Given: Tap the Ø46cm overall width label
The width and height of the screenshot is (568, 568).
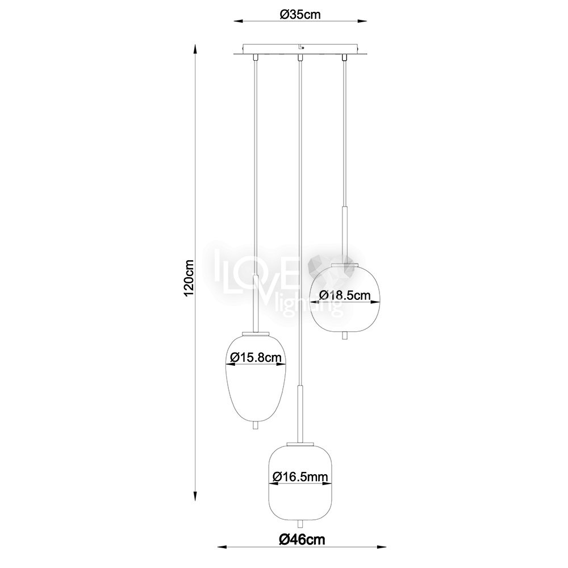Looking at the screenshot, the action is (x=302, y=540).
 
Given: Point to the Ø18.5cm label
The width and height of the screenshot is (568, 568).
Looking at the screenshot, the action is (x=345, y=295).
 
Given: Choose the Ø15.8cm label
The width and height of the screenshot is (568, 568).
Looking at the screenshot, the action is (x=256, y=358).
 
